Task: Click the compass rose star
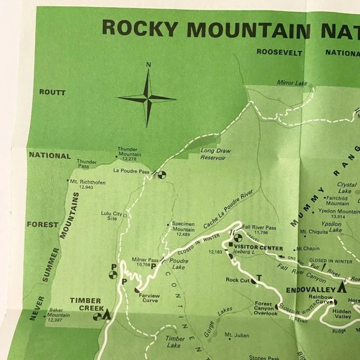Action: pos(148,97)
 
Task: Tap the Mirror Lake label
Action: pos(292,83)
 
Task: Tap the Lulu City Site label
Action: pos(109,215)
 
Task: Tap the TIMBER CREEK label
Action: pos(85,304)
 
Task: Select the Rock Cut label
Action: pos(238,280)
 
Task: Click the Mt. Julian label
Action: pos(237,335)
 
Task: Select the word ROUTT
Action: pos(52,92)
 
